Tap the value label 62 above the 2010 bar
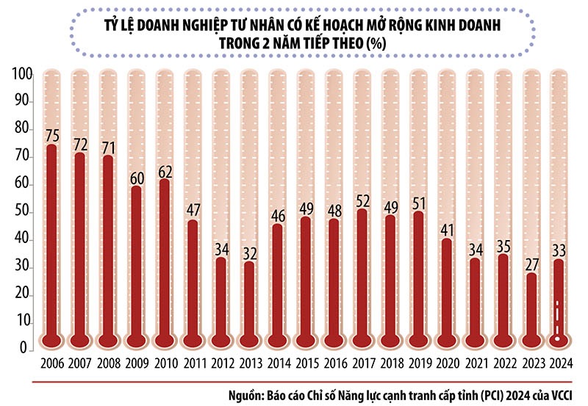[165, 172]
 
